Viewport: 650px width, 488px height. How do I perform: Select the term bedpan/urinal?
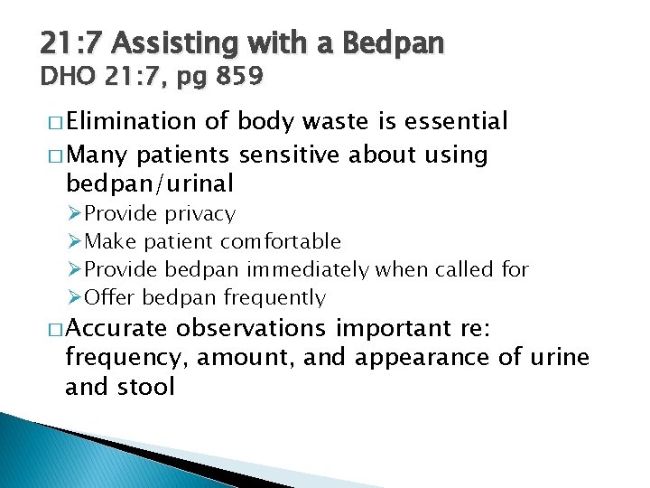click(150, 184)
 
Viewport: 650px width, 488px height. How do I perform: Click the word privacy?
click(206, 214)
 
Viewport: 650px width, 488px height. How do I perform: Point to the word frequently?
click(274, 297)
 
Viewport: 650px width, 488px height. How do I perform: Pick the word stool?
click(144, 388)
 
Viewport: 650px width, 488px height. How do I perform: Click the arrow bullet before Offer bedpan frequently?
click(75, 297)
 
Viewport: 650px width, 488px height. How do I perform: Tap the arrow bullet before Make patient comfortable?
click(75, 241)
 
